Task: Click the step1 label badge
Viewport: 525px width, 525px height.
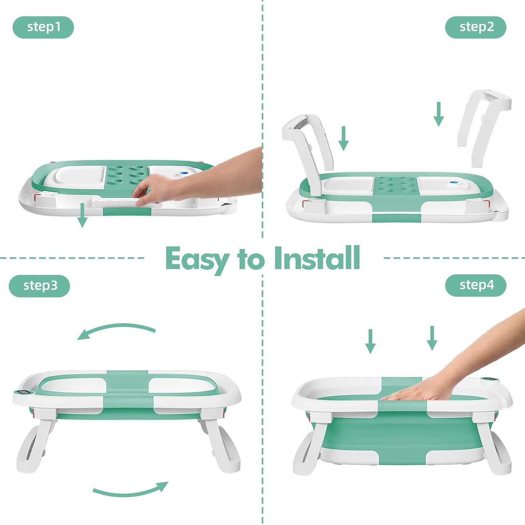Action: coord(43,27)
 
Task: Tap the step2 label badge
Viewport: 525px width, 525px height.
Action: coord(476,27)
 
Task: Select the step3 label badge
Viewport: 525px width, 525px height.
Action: coord(39,285)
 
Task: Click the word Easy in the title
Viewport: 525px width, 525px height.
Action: coord(197,259)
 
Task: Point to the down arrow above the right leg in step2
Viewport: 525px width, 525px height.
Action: coord(439,114)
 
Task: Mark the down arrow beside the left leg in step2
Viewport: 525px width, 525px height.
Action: coord(343,139)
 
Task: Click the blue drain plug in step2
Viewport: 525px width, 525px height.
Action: coord(453,183)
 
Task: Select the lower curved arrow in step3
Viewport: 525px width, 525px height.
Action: coord(131,489)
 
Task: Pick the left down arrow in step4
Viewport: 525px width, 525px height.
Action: coord(370,341)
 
